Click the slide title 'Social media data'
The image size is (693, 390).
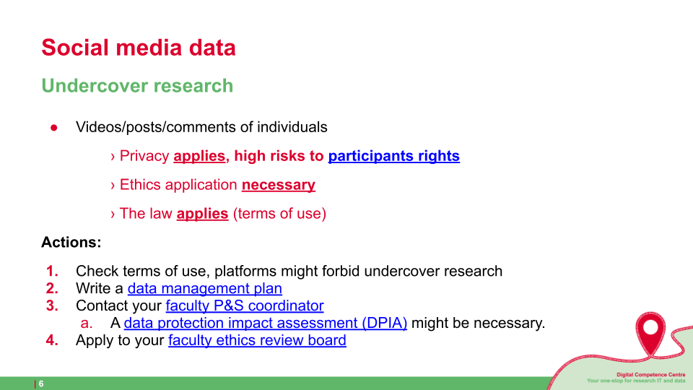(139, 48)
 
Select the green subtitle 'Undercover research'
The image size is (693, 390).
(137, 86)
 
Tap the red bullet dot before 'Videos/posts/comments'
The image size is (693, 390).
(54, 129)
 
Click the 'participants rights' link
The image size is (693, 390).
(394, 156)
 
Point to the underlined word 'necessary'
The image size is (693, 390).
(279, 185)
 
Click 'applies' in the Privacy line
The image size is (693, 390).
(199, 156)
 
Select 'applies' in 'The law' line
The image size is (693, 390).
(202, 214)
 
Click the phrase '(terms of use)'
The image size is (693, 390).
(279, 214)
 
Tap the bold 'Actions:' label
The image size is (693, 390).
(71, 243)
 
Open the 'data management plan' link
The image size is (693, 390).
(204, 288)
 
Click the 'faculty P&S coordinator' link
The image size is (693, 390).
(245, 305)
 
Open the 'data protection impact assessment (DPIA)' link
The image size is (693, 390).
(265, 323)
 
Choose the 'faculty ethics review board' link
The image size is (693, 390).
(257, 340)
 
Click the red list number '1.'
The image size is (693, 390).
(52, 271)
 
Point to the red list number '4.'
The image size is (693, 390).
(52, 340)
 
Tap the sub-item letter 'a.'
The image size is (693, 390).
(87, 324)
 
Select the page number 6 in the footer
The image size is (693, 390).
(41, 383)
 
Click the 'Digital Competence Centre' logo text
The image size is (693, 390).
(650, 375)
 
